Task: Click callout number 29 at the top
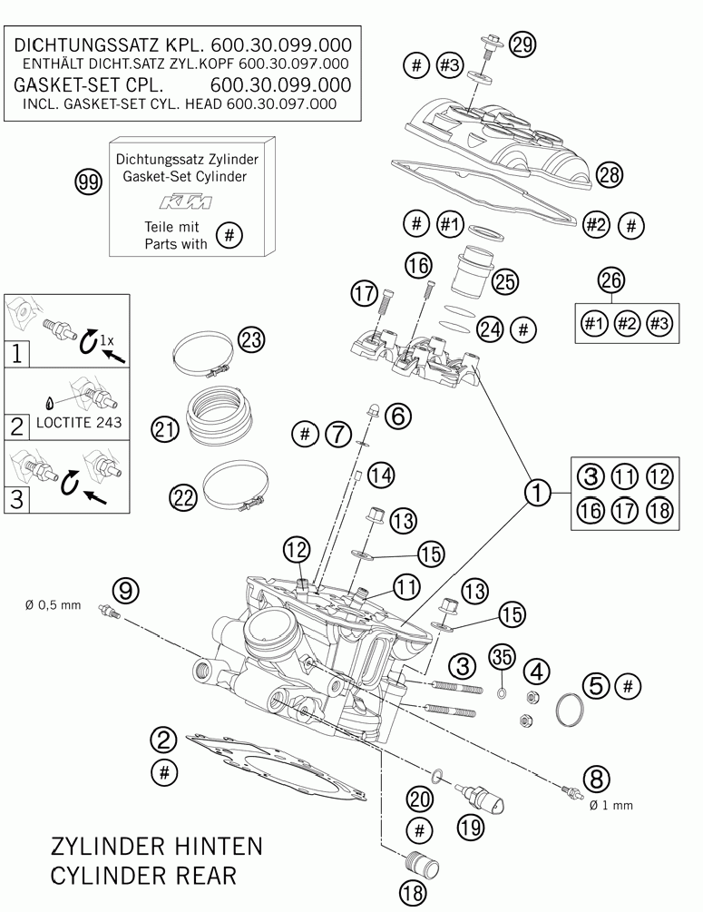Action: pos(522,44)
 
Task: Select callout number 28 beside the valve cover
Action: pos(610,176)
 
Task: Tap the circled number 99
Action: pos(87,183)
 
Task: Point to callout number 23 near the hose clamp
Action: pos(251,340)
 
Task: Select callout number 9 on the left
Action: pos(127,590)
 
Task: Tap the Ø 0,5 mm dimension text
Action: pos(54,605)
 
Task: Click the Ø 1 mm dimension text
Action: pos(610,804)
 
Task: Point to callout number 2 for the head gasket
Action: pos(163,740)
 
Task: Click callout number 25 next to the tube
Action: pos(505,281)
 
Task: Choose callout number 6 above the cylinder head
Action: pos(398,416)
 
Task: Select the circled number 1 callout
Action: pos(537,493)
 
